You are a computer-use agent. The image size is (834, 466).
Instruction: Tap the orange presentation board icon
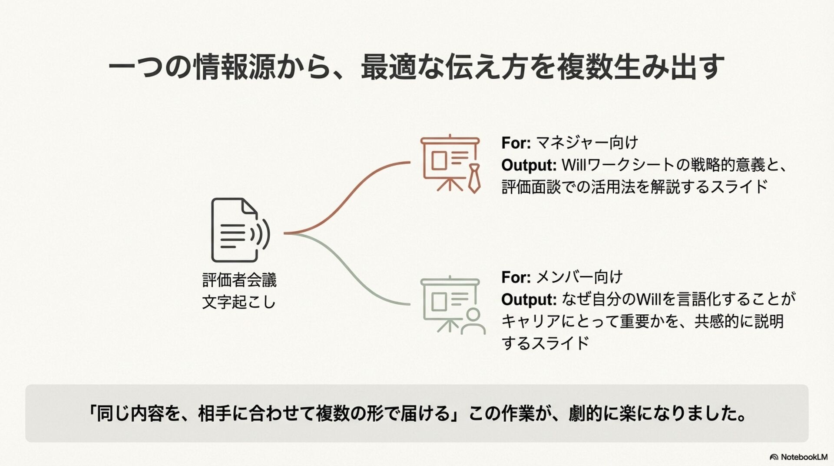click(449, 163)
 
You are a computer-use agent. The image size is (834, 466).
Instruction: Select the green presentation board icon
click(449, 304)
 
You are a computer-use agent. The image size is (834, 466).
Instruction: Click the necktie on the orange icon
click(473, 178)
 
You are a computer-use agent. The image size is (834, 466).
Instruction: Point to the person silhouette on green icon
click(473, 322)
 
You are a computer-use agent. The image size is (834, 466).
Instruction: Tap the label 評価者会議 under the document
click(239, 280)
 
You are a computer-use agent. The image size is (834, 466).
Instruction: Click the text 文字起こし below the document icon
click(239, 302)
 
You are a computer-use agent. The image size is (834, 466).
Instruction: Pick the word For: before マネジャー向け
click(516, 143)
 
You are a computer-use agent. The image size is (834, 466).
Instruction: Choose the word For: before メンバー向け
click(516, 277)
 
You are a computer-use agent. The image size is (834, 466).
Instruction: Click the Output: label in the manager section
click(529, 165)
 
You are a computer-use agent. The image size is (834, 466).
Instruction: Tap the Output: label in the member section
click(529, 300)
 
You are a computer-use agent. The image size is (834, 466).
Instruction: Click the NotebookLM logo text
click(804, 457)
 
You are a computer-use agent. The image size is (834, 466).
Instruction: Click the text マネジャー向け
click(586, 143)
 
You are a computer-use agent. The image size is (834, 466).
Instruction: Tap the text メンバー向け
click(579, 277)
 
